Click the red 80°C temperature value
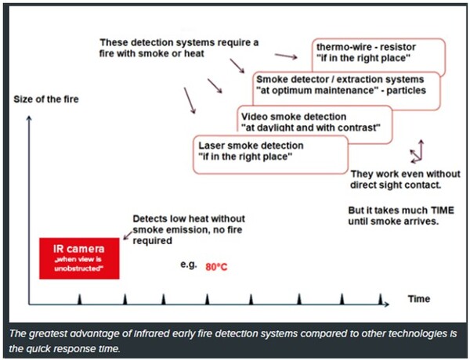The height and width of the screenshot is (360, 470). [217, 266]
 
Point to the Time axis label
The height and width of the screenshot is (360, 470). [418, 299]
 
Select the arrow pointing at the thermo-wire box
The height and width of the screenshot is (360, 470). [287, 56]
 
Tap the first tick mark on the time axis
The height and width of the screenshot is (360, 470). [79, 299]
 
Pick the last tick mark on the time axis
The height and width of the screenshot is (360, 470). [381, 299]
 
